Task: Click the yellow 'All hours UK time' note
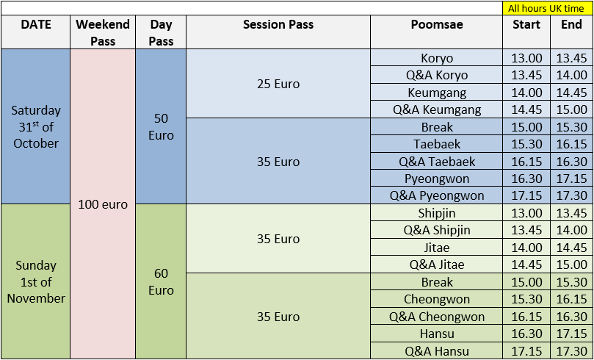pos(546,8)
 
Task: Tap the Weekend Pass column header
pos(103,32)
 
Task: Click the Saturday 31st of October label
pos(36,127)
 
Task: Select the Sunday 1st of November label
pos(36,281)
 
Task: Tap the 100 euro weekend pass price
pos(103,205)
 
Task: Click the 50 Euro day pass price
pos(161,127)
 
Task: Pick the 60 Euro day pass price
pos(161,281)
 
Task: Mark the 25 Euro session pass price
pos(278,84)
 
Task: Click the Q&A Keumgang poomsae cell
pos(437,110)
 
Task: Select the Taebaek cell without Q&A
pos(437,145)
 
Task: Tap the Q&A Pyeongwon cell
pos(437,196)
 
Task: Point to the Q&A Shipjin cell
pos(437,231)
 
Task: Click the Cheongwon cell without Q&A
pos(437,299)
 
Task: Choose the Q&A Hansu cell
pos(437,351)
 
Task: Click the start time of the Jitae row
pos(526,248)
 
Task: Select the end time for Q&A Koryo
pos(572,76)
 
